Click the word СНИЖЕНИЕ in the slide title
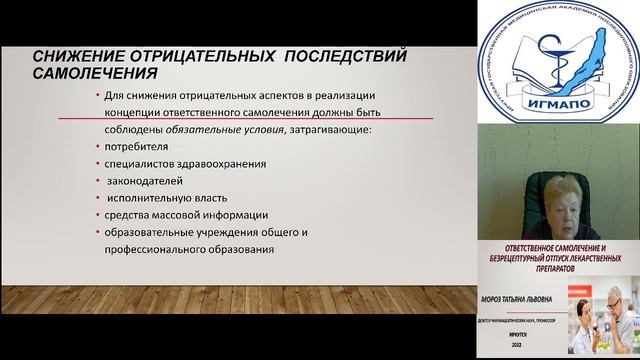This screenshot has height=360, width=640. coord(74,56)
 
